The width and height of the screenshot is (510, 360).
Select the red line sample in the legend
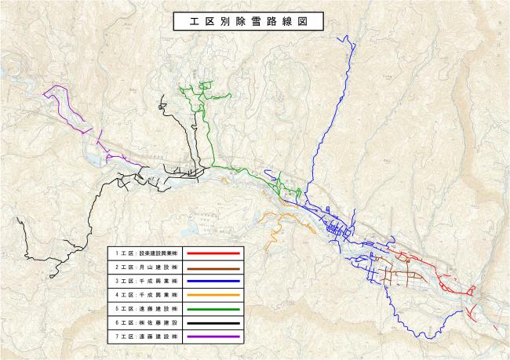213,254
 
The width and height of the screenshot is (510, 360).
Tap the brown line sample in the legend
213,267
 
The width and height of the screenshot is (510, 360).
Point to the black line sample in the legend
213,322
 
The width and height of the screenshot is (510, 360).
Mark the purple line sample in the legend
213,336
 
